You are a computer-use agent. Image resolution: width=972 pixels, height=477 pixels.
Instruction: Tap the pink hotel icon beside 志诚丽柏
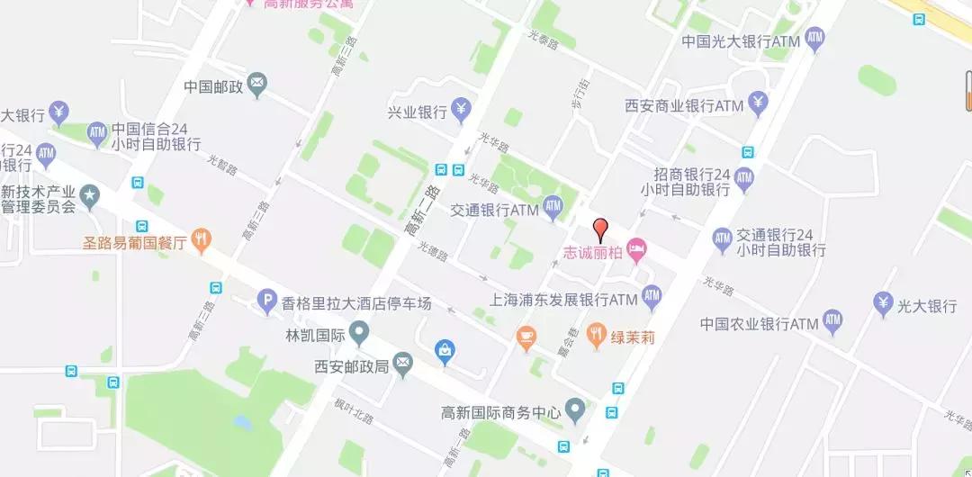[637, 249]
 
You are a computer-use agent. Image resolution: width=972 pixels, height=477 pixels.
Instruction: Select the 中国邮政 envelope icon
[257, 86]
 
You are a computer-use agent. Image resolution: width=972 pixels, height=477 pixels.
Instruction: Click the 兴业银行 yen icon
[462, 111]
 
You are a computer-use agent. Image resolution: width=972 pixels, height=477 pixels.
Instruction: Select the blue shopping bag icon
[444, 353]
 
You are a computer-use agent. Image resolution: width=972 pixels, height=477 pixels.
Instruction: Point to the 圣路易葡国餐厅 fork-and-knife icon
[202, 241]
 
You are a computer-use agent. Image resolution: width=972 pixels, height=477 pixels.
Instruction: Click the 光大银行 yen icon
[883, 305]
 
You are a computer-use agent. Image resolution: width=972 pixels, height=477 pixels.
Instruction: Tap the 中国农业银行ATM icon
[832, 321]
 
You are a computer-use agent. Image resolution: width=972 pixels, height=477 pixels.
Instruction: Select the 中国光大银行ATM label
[741, 41]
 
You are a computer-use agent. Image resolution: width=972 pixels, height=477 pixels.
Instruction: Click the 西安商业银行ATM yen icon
[758, 104]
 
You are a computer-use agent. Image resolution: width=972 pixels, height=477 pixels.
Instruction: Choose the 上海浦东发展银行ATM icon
[652, 296]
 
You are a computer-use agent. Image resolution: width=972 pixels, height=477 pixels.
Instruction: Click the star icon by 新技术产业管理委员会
[90, 193]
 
